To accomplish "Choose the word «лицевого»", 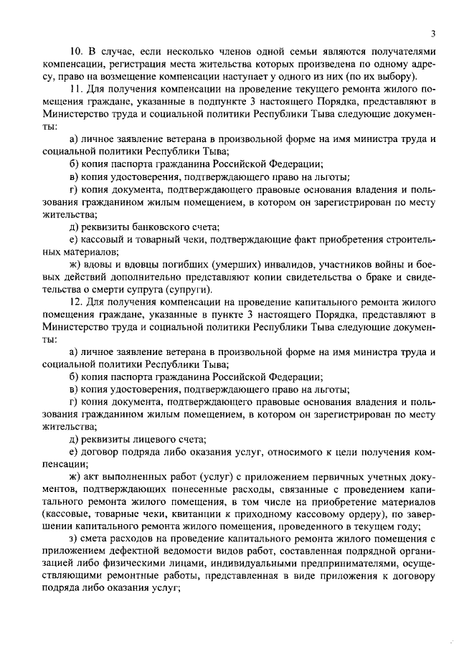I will (x=146, y=440).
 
